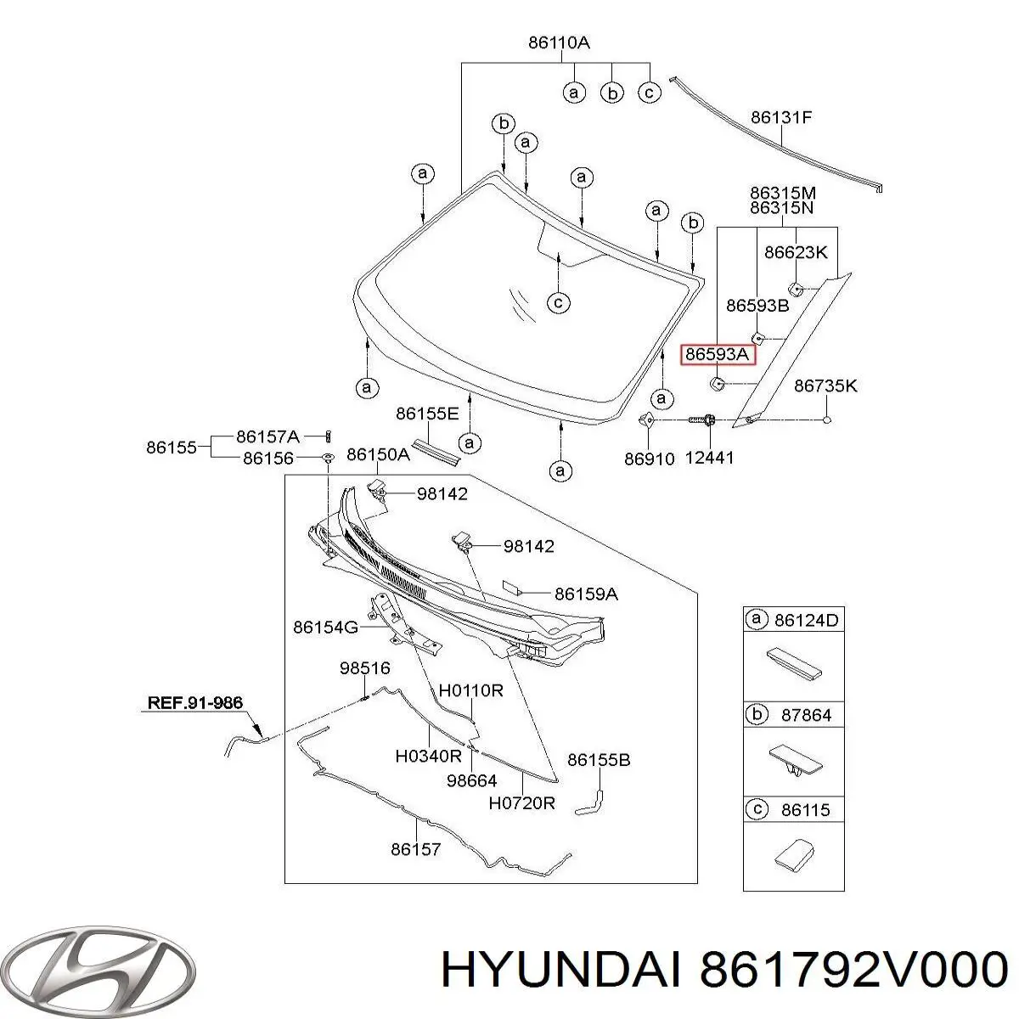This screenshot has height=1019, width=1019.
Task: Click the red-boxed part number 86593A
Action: (718, 355)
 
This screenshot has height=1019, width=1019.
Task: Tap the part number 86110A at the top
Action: (559, 42)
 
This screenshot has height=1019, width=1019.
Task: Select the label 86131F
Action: (781, 118)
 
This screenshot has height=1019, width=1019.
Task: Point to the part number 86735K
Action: (825, 386)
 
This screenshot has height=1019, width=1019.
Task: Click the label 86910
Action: (649, 459)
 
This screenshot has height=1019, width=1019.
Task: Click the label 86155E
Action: (427, 414)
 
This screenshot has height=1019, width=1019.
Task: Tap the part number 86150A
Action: (378, 455)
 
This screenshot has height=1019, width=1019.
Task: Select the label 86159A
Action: (586, 594)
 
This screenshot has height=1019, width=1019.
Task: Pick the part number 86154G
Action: (326, 628)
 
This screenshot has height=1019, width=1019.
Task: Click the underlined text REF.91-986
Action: (194, 703)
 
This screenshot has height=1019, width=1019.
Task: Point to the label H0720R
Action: (521, 802)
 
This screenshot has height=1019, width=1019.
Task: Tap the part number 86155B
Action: (599, 760)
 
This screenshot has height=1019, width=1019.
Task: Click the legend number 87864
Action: (806, 715)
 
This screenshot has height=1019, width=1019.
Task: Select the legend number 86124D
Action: (806, 621)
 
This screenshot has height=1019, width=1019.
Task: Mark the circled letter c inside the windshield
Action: (557, 301)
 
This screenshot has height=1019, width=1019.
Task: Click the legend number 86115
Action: (806, 810)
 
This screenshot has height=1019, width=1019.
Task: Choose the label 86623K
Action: (796, 252)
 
